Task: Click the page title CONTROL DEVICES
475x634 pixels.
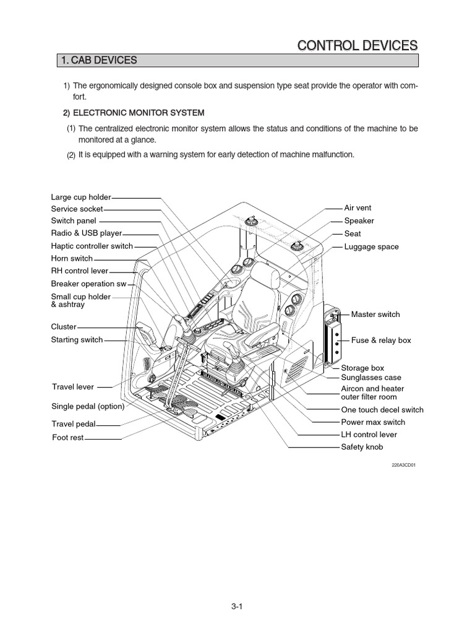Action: (357, 45)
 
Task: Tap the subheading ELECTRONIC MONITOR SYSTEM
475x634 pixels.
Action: (139, 113)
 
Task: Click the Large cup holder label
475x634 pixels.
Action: (80, 197)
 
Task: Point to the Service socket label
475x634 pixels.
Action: (77, 209)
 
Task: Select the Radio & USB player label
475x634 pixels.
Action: (87, 233)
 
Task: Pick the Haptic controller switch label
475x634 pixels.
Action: (92, 246)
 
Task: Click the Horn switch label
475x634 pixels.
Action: (72, 258)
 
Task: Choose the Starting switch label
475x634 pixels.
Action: (77, 339)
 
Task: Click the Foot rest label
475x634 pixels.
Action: (67, 437)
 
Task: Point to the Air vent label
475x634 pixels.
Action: (357, 208)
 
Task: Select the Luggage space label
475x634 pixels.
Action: (371, 246)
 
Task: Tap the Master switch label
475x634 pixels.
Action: (375, 315)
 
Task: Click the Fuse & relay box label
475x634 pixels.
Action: (381, 341)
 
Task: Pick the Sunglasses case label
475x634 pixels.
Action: (371, 377)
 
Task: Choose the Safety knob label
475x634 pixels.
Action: (362, 446)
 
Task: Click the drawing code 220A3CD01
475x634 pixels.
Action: (403, 464)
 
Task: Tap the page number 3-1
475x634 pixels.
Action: (235, 607)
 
